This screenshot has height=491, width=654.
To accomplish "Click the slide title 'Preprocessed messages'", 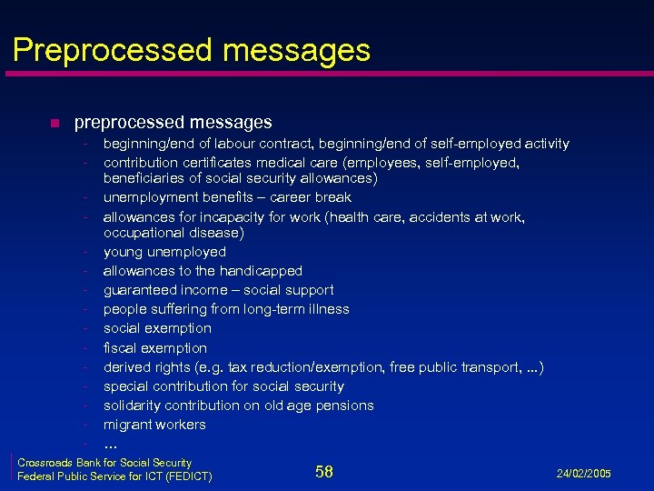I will coord(192,49).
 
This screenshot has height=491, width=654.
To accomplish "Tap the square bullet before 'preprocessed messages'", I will coord(54,123).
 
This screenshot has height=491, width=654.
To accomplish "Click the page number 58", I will coord(324,471).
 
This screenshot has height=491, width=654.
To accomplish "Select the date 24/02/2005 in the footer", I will coord(583,474).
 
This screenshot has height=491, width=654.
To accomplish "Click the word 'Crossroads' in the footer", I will coord(46,463).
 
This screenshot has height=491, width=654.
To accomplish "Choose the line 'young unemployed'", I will coord(164,252).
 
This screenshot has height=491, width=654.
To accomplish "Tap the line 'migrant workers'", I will coord(154,425).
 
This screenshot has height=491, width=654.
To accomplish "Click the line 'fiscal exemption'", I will coord(155,348).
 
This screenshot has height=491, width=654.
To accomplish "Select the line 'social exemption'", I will coord(157,328).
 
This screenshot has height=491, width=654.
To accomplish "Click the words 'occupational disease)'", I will coord(173,233).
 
